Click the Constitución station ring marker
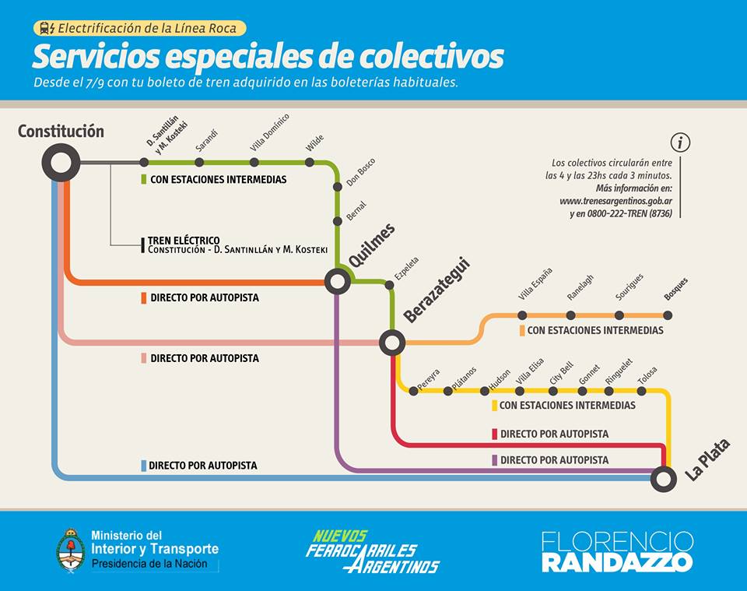[60, 163]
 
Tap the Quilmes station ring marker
[338, 280]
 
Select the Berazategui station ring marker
[391, 342]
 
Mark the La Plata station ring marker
[663, 478]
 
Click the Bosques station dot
[668, 315]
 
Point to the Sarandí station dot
[199, 162]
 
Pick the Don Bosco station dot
[337, 187]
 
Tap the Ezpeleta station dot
[389, 285]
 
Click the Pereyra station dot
[413, 391]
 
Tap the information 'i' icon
[680, 142]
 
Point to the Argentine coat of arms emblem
[71, 550]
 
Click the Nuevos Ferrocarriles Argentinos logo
[373, 551]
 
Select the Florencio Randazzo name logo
[616, 551]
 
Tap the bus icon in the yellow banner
[47, 28]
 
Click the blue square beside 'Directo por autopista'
[144, 466]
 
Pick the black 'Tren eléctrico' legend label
[184, 241]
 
